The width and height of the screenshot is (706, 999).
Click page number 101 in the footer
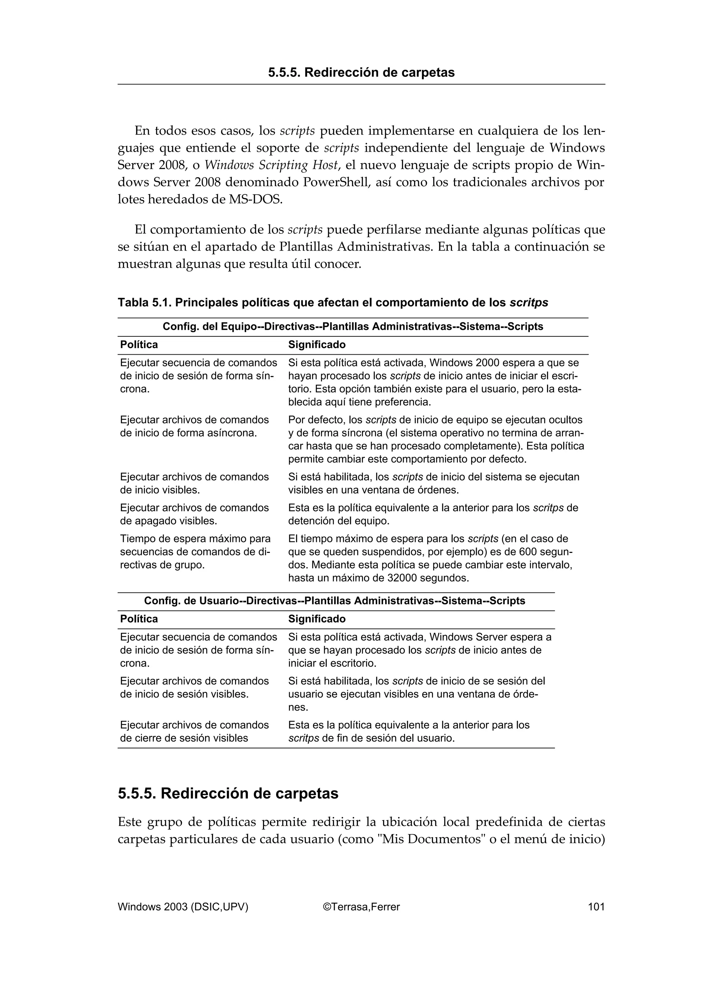point(596,907)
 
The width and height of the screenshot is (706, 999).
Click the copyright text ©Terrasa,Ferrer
point(361,907)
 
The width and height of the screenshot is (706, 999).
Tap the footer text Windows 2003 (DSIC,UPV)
point(183,907)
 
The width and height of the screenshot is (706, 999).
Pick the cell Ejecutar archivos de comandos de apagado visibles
point(194,514)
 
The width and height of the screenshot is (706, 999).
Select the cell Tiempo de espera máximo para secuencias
point(195,552)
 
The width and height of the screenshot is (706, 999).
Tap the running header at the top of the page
point(361,73)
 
